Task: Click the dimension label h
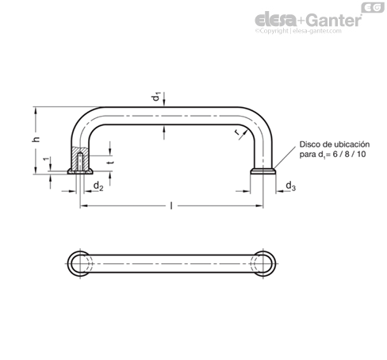36,139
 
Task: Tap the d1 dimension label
156,97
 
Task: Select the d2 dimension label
98,186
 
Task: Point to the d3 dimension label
291,186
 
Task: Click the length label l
171,205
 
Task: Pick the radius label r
238,133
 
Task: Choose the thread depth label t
111,162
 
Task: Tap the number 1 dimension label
46,159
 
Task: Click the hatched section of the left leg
80,159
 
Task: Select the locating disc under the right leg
263,171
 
